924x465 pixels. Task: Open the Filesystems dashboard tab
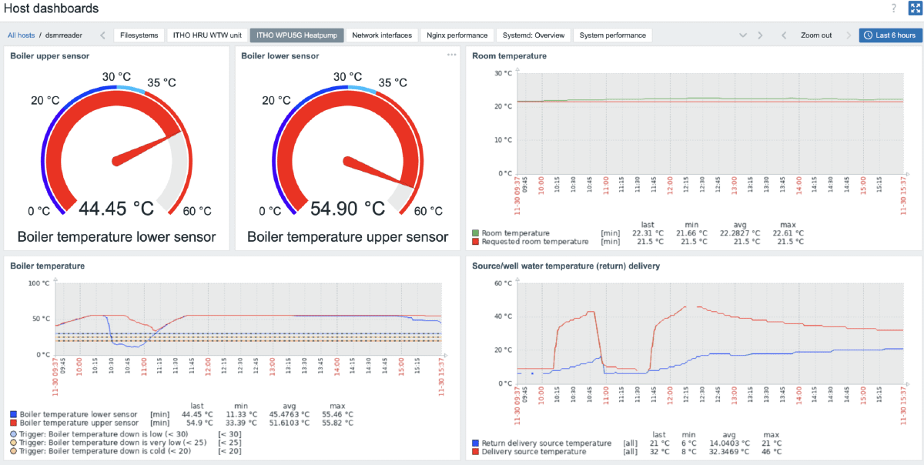(139, 35)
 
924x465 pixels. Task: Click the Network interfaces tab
(382, 35)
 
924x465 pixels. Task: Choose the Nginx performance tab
(457, 35)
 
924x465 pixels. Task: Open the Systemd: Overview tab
(534, 35)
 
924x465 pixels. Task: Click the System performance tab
(613, 35)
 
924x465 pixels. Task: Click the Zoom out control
(816, 35)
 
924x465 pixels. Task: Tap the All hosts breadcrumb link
(21, 35)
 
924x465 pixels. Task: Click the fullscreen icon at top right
(915, 8)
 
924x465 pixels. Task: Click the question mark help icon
(893, 8)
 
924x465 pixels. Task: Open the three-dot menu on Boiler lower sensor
(452, 55)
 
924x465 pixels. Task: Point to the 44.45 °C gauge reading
(116, 209)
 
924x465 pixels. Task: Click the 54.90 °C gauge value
(347, 209)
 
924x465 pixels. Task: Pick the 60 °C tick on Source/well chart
(502, 283)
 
